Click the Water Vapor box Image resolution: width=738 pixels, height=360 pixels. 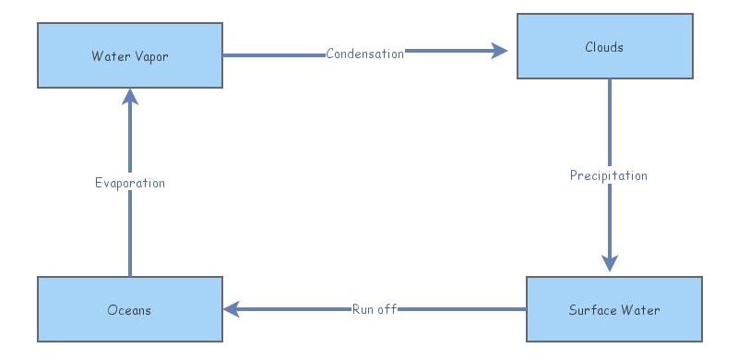[x=129, y=55]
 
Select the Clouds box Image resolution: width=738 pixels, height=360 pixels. [x=604, y=46]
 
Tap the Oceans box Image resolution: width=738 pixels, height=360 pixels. [x=129, y=310]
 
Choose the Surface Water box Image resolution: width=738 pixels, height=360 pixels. [x=613, y=310]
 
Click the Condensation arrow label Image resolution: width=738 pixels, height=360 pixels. [x=365, y=54]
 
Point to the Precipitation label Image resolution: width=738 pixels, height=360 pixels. [x=609, y=175]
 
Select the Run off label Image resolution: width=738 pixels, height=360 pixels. [x=375, y=309]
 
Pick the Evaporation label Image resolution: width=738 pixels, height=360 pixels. [x=130, y=183]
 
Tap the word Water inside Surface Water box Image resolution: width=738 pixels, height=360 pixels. [x=641, y=310]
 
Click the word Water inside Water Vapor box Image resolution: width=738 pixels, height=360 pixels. [x=108, y=56]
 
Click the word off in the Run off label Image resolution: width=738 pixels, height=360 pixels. [x=387, y=309]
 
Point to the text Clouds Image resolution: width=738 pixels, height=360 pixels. [x=604, y=47]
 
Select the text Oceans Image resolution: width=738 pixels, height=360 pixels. [x=129, y=310]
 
